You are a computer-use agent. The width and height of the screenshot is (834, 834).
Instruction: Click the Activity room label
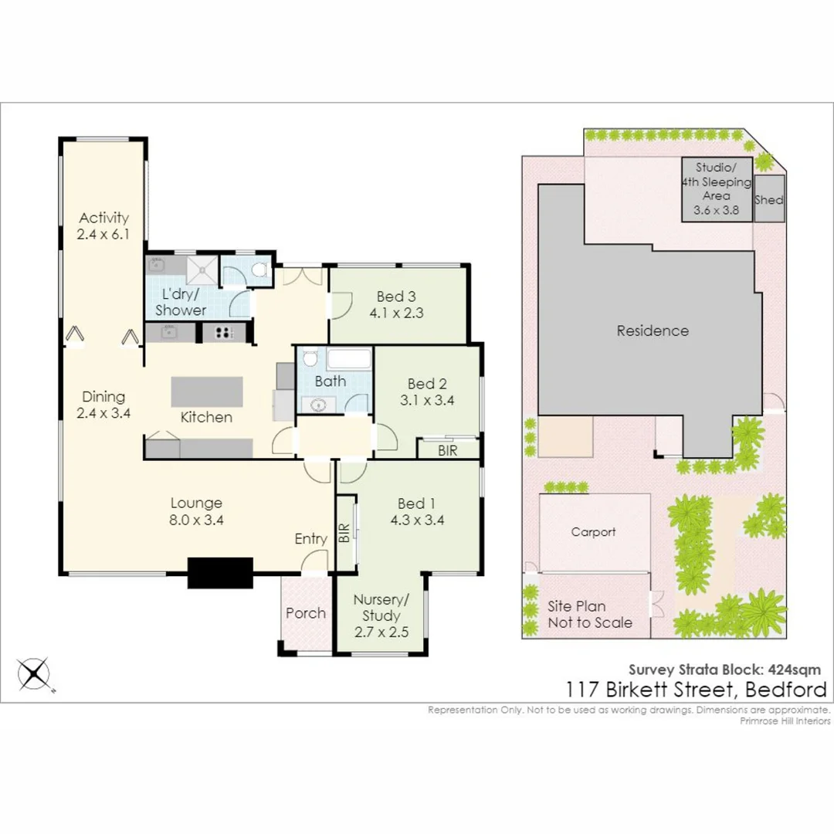click(x=103, y=218)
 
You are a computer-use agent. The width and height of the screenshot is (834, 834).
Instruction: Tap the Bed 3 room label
click(x=396, y=297)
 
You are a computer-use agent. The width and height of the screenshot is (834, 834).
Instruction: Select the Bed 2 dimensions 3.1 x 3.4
click(x=427, y=400)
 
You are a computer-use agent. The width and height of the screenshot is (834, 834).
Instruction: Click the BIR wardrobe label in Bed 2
click(x=447, y=451)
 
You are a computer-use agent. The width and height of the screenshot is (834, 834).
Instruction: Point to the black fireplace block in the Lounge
click(x=220, y=573)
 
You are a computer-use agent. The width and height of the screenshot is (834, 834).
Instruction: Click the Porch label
click(x=305, y=613)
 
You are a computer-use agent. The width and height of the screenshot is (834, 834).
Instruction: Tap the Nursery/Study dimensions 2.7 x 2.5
click(x=381, y=632)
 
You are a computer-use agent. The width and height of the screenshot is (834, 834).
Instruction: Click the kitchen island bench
click(x=207, y=392)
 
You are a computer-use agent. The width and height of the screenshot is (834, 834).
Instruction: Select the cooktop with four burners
click(x=224, y=333)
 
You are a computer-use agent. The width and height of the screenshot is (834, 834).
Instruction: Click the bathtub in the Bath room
click(x=348, y=359)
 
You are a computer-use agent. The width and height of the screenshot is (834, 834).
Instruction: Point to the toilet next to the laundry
click(x=259, y=270)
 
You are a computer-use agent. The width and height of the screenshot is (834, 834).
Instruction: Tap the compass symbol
click(x=33, y=674)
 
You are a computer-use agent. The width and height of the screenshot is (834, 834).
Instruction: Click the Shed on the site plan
click(x=769, y=199)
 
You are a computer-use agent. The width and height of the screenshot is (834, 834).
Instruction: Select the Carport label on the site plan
click(x=593, y=532)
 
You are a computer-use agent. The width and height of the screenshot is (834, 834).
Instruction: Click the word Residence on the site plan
click(x=653, y=331)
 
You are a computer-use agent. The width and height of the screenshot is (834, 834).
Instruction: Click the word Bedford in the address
click(x=786, y=690)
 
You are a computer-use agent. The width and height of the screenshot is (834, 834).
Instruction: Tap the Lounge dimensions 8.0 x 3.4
click(x=196, y=520)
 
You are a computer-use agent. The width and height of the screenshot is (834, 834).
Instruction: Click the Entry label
click(x=310, y=539)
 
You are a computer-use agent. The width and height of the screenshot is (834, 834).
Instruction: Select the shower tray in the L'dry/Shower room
click(x=202, y=271)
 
